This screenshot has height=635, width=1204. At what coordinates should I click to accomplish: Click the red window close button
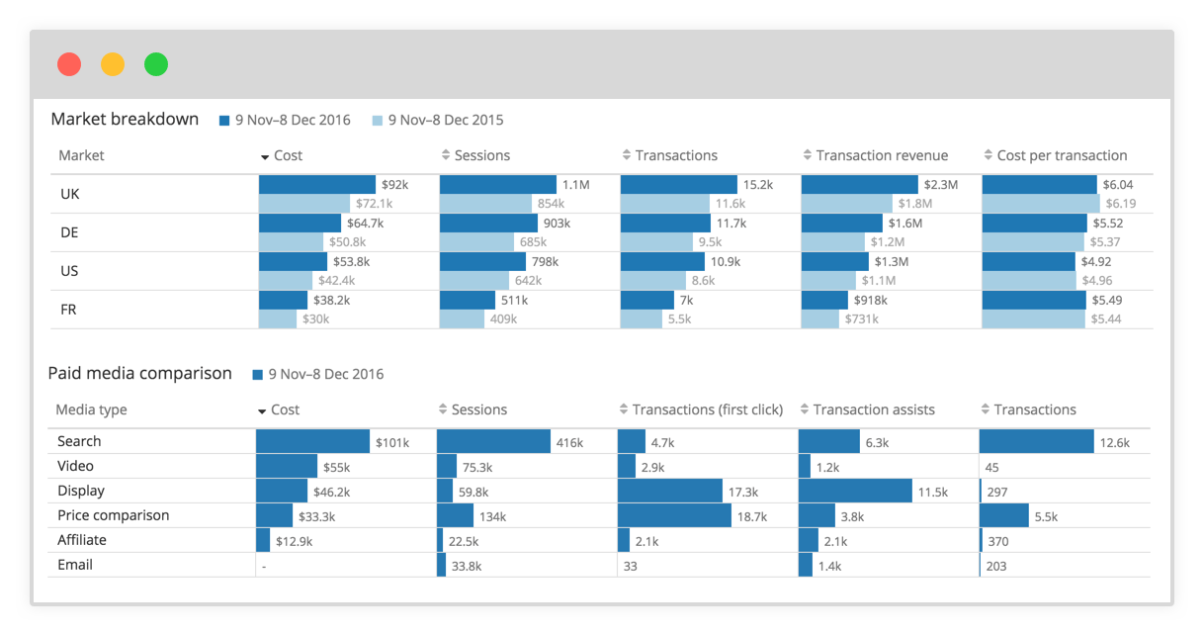coord(69,64)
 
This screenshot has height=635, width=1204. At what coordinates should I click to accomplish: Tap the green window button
coord(156,64)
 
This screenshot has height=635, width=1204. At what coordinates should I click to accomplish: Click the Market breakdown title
coord(125,120)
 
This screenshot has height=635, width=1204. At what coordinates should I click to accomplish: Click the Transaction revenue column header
coord(881,155)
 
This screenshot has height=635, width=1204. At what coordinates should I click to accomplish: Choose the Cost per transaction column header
coord(1061,155)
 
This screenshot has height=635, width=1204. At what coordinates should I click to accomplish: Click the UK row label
coord(69,194)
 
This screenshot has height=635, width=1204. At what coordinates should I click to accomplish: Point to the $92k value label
coord(394,185)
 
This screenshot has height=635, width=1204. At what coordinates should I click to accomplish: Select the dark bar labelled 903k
coord(488,224)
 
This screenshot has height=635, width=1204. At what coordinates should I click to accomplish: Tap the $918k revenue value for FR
coord(870,301)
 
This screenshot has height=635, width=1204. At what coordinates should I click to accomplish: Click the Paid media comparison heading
coord(139,374)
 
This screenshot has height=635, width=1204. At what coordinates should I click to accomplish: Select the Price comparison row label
coord(113,515)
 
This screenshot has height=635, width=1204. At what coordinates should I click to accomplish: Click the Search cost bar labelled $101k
coord(312,442)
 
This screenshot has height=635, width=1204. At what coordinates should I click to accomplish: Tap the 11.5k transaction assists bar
coord(855,491)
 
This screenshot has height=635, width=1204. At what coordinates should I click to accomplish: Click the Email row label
coord(75,565)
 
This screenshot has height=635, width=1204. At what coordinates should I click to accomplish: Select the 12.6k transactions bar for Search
coord(1036,442)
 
